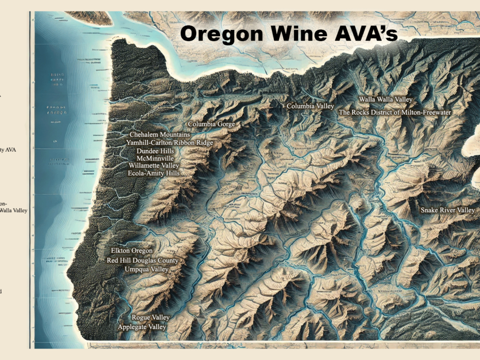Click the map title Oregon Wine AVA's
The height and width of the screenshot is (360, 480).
tap(288, 33)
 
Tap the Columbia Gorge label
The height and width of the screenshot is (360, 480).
tap(211, 124)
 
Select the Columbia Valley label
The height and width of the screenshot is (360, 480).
tap(310, 106)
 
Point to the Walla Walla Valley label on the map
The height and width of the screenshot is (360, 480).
tap(385, 100)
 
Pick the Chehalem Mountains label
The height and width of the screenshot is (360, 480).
tap(159, 135)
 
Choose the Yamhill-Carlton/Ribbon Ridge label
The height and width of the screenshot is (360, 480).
tap(169, 143)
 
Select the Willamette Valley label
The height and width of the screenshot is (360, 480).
tap(153, 165)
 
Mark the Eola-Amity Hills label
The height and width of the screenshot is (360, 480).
tap(153, 173)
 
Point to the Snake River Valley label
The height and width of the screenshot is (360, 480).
tap(447, 210)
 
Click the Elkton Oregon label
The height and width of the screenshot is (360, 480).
tap(132, 250)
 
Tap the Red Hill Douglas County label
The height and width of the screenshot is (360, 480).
tap(142, 260)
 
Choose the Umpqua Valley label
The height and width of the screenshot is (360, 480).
tap(146, 269)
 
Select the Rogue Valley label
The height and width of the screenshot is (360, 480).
tap(150, 317)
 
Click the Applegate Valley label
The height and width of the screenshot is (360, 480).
tap(141, 327)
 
